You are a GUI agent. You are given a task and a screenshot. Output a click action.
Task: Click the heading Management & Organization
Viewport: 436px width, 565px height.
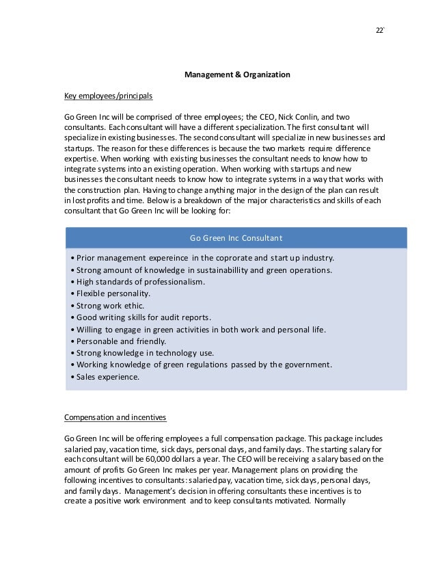click(238, 74)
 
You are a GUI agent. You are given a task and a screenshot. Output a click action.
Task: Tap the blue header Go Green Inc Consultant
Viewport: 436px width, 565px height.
click(236, 238)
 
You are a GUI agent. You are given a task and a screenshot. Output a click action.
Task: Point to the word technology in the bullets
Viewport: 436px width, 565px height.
click(172, 353)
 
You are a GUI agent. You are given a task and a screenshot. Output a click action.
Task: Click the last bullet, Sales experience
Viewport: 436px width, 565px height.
click(105, 377)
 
